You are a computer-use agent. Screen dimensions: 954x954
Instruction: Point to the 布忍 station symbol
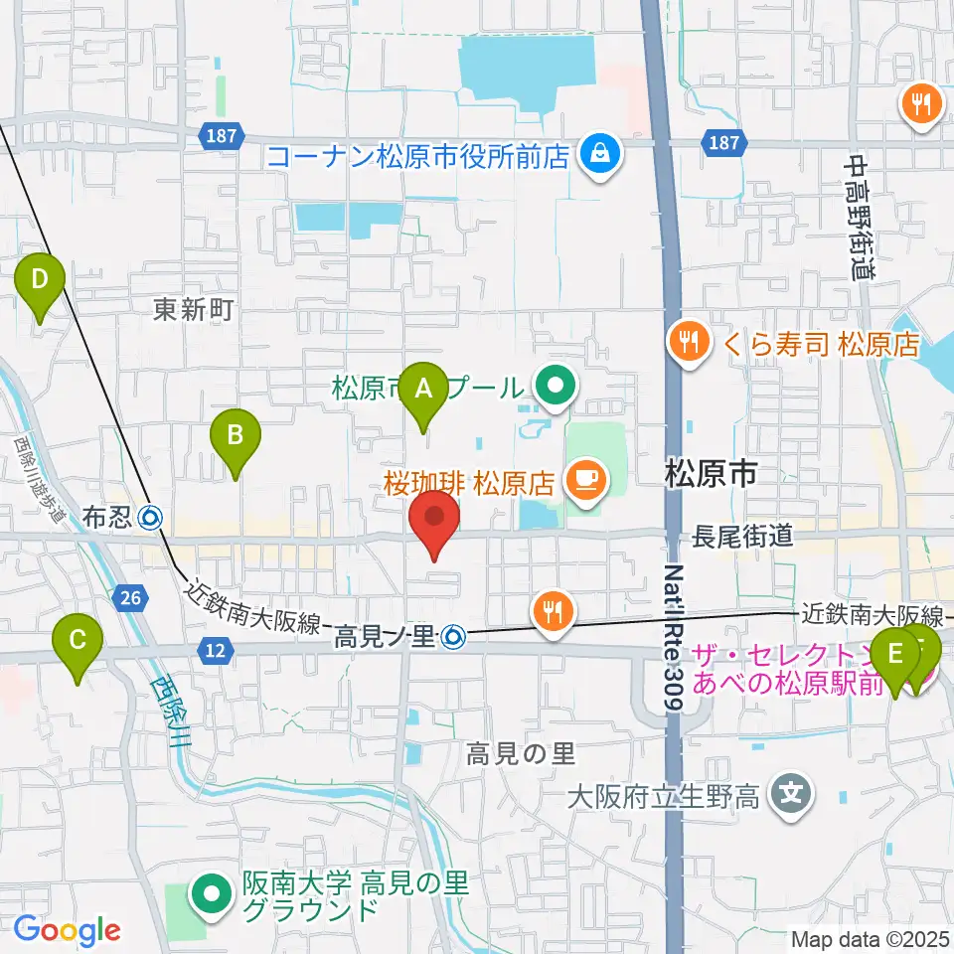click(152, 517)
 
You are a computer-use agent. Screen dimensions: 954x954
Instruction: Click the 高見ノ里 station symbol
click(454, 633)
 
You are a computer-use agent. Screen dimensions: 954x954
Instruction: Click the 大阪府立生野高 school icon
click(791, 794)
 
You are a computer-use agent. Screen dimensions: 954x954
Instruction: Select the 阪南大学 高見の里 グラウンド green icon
click(212, 892)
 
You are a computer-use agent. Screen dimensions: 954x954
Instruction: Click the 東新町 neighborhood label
click(193, 310)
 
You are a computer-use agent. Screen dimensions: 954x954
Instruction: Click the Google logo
click(68, 930)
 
